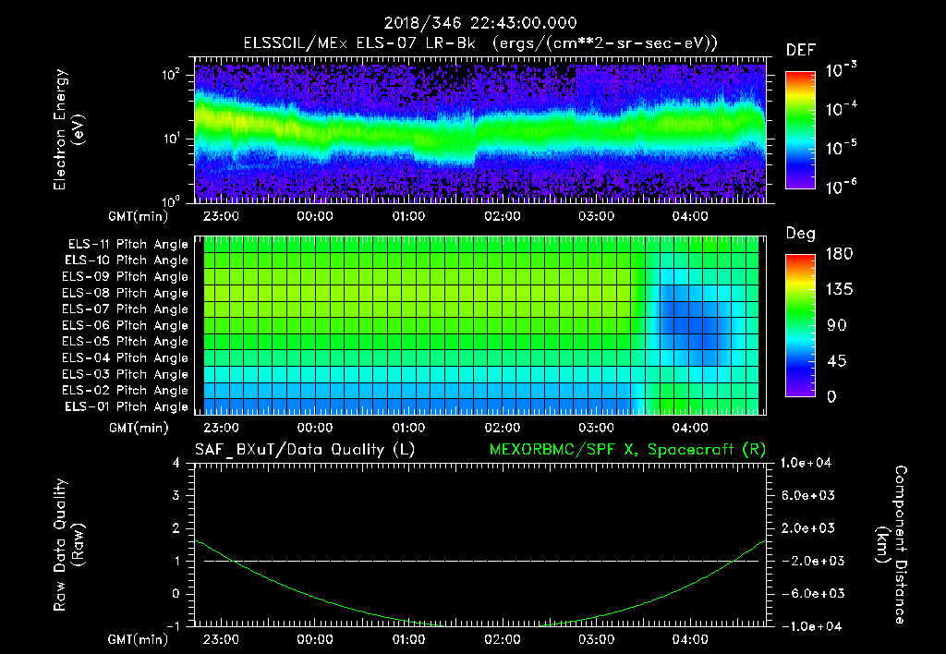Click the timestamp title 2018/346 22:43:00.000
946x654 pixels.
coord(472,23)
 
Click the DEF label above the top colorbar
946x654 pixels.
coord(800,50)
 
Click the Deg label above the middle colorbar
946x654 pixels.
coord(800,234)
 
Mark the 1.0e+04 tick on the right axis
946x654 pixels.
coord(809,463)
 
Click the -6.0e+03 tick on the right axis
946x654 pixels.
coord(809,593)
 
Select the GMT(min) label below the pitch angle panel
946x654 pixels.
coord(139,428)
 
